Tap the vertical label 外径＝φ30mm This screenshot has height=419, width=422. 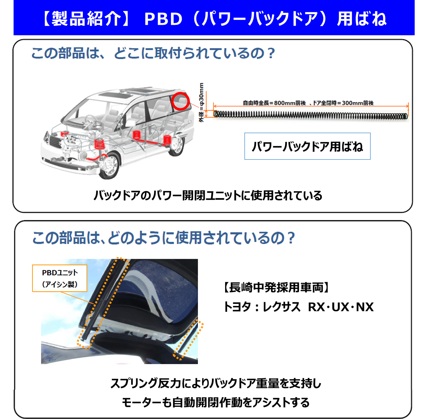point(201,103)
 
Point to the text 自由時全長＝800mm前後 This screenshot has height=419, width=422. point(274,103)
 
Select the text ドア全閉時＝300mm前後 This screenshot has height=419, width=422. point(343,103)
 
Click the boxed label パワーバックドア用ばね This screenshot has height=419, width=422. point(307,146)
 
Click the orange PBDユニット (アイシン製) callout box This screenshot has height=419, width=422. point(59,278)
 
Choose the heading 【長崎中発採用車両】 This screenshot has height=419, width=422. point(276,287)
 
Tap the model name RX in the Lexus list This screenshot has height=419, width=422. point(316,307)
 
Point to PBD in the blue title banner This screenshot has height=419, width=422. point(163,19)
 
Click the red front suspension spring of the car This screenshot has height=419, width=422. point(99,144)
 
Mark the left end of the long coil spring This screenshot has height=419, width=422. point(215,114)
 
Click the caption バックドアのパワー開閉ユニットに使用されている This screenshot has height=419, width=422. point(208,196)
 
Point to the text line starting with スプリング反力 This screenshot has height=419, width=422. point(216,383)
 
